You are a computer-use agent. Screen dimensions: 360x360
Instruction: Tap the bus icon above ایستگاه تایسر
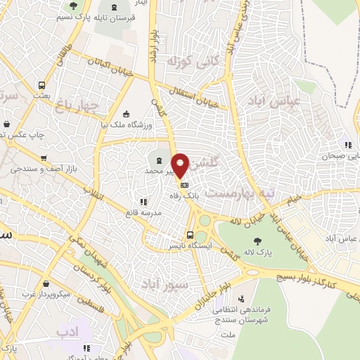190,235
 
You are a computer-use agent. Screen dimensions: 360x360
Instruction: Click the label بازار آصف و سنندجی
44,169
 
